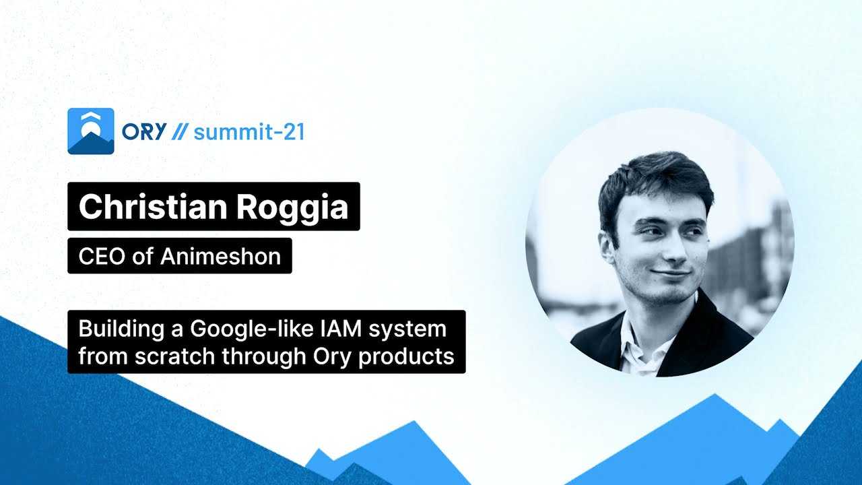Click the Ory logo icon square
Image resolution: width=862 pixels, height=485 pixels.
point(91,131)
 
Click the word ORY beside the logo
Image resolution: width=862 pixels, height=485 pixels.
point(144,131)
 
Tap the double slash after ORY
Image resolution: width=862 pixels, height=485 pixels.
point(178,131)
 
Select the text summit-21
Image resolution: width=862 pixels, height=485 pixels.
point(249,131)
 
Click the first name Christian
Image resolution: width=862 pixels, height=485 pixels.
point(153,207)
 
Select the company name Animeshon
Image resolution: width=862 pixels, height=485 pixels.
point(220,257)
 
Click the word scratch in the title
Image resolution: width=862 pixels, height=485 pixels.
point(174,356)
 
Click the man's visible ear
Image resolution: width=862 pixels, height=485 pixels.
point(607,247)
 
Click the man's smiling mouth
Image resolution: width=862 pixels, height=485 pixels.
point(670,273)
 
